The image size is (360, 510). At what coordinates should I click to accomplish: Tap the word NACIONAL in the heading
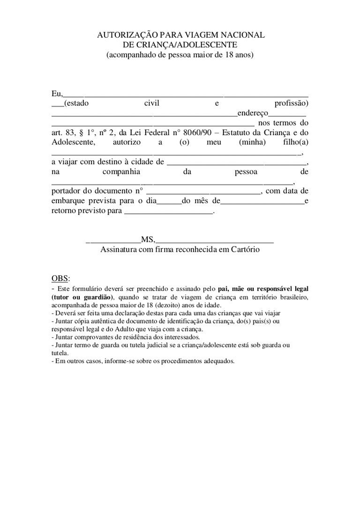pyautogui.click(x=239, y=35)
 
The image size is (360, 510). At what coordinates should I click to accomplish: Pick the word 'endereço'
pyautogui.click(x=253, y=113)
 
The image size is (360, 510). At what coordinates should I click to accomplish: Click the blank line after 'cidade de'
pyautogui.click(x=237, y=162)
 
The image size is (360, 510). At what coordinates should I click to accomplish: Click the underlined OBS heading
pyautogui.click(x=60, y=279)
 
